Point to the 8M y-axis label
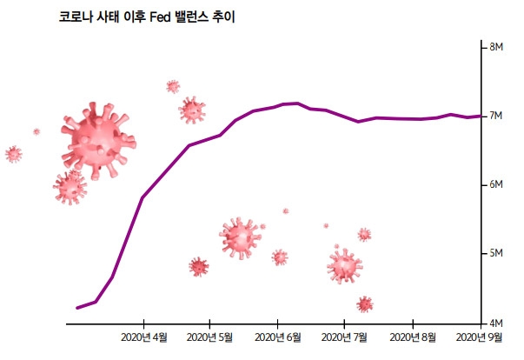click(500, 46)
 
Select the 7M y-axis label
click(500, 116)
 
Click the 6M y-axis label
click(500, 184)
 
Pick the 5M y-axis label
click(500, 254)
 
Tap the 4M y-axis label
click(500, 323)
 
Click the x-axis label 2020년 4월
click(144, 337)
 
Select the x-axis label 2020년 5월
click(211, 337)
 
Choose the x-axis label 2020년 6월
click(278, 337)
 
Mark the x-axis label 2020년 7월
click(345, 337)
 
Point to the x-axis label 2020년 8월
click(413, 337)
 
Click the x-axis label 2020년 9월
click(480, 337)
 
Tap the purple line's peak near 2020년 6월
click(297, 103)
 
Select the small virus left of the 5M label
click(364, 234)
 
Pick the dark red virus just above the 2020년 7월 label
click(365, 304)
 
